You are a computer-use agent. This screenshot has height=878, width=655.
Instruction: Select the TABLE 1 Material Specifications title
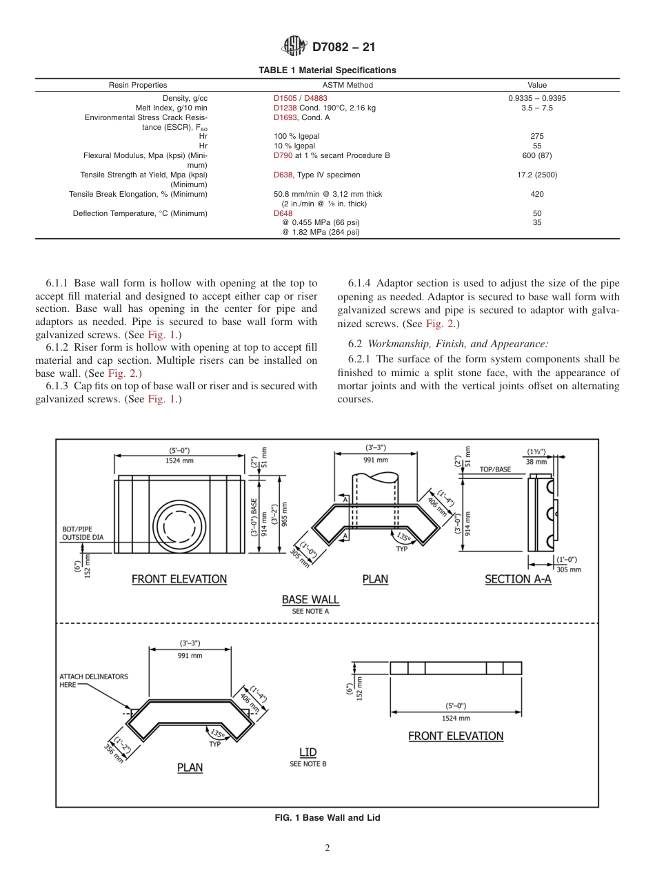[x=327, y=70]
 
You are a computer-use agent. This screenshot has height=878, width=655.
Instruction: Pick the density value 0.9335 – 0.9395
[x=536, y=98]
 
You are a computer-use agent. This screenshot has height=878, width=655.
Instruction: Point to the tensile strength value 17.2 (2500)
[x=536, y=175]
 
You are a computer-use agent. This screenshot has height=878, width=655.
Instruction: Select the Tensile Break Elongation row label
[x=138, y=194]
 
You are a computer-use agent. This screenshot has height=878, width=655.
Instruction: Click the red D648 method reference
[x=283, y=213]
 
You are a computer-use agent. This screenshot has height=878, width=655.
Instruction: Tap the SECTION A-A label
[x=518, y=579]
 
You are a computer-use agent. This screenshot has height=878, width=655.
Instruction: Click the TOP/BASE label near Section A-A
[x=495, y=469]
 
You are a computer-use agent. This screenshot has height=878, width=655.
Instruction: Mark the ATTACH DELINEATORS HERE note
[x=93, y=681]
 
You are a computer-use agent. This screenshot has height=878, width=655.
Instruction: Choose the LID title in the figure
[x=308, y=752]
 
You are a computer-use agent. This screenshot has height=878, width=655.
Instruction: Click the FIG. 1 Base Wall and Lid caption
[x=327, y=817]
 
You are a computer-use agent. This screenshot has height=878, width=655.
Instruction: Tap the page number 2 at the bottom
[x=327, y=848]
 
